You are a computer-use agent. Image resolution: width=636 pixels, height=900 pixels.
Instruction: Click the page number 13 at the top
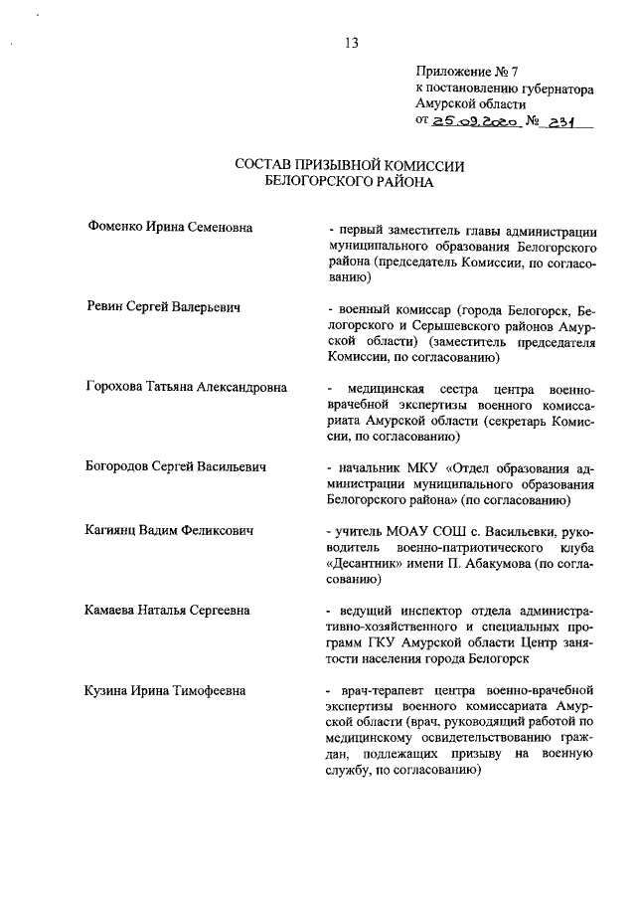[x=350, y=42]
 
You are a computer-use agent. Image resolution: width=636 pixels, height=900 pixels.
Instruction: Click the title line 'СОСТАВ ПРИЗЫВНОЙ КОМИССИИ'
[x=350, y=165]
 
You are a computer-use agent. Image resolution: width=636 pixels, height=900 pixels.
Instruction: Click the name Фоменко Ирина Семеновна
[x=170, y=228]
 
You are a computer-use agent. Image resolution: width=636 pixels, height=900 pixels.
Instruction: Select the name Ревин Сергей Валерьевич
[x=165, y=309]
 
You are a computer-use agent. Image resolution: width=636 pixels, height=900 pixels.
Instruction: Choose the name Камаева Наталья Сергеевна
[x=168, y=610]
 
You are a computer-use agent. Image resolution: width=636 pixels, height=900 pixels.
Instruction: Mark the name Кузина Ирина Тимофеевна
[x=167, y=689]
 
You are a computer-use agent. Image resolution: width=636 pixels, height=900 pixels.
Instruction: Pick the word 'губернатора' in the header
[x=556, y=90]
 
